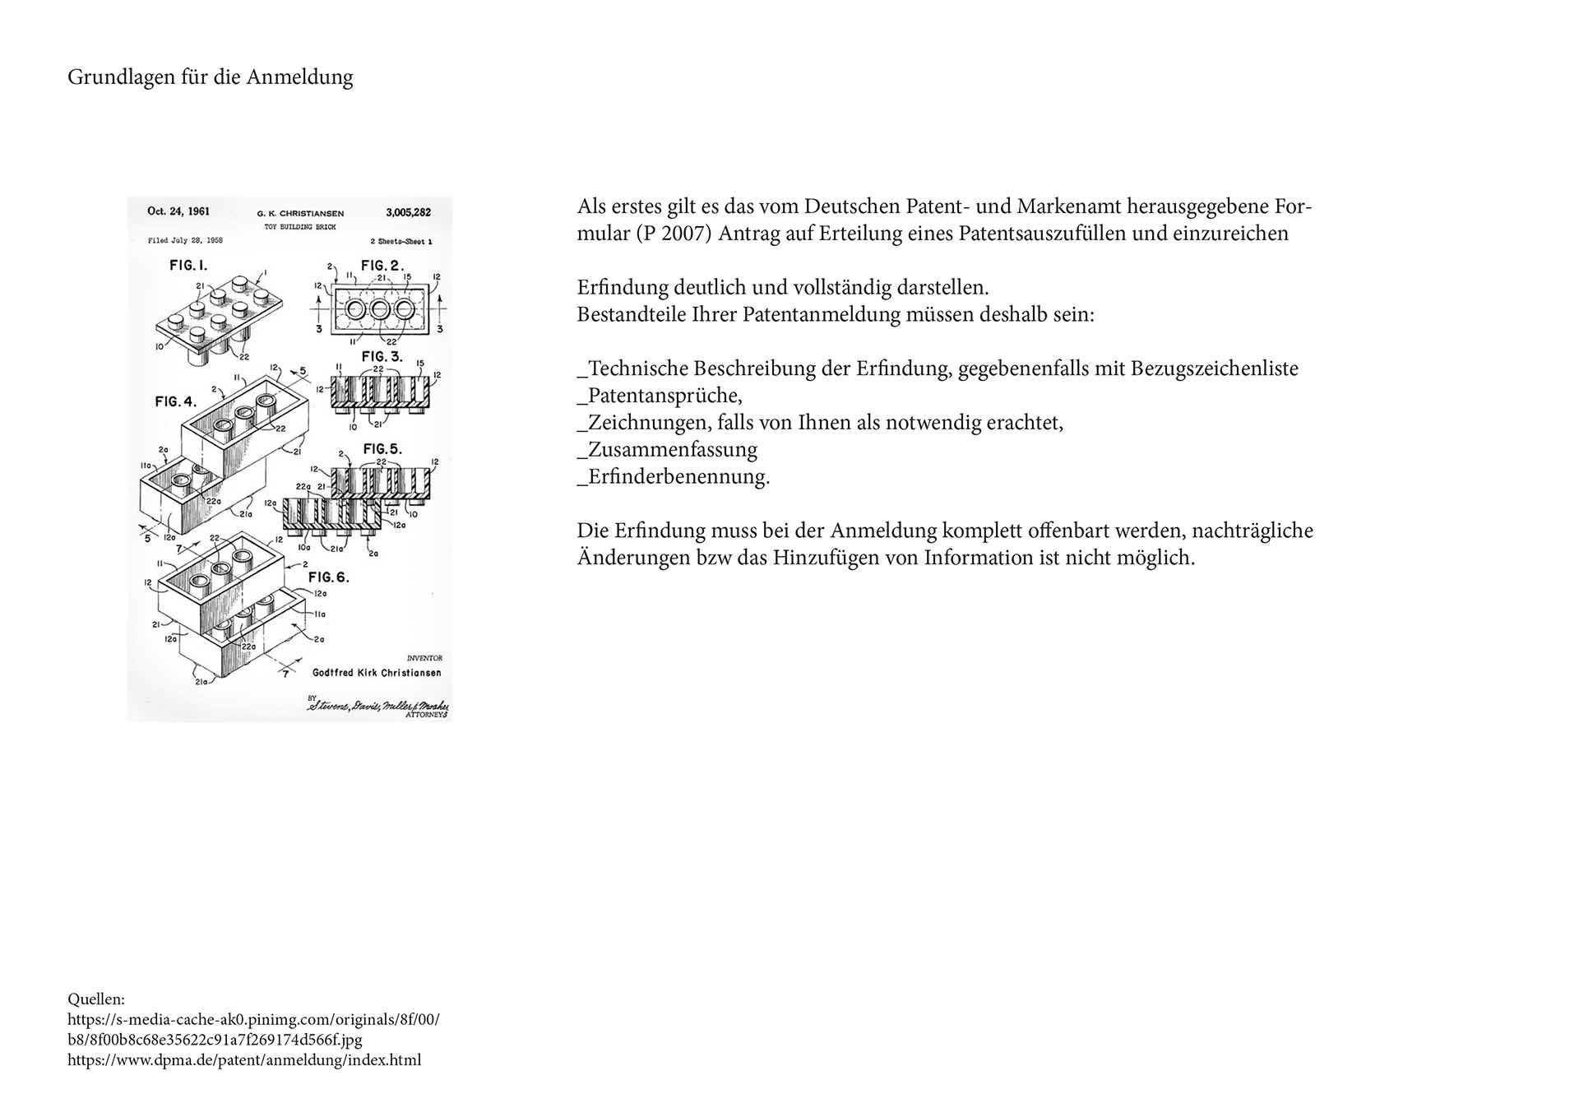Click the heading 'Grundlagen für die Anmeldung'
tap(211, 77)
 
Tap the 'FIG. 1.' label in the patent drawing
tap(188, 265)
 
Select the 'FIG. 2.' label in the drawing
tap(382, 265)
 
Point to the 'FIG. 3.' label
tap(382, 356)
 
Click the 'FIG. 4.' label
tap(176, 401)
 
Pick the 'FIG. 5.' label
tap(382, 448)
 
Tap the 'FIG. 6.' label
tap(329, 577)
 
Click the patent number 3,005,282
tap(408, 212)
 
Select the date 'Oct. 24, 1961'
tap(178, 211)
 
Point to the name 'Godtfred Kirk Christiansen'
tap(377, 673)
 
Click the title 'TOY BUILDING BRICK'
tap(299, 226)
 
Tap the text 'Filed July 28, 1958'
tap(185, 241)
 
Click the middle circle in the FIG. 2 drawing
tap(380, 309)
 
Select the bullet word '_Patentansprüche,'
tap(660, 396)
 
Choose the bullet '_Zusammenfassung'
tap(667, 450)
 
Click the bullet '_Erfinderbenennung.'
tap(674, 477)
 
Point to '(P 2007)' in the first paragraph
tap(674, 234)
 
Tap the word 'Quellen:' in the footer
tap(96, 999)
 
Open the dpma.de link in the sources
tap(244, 1060)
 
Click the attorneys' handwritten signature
tap(378, 706)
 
